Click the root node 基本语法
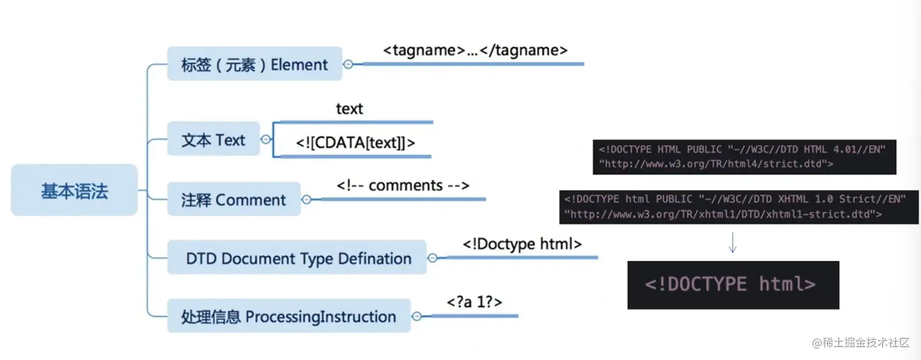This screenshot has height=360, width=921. (74, 190)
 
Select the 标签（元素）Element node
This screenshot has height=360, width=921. (255, 64)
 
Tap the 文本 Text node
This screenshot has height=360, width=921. (213, 139)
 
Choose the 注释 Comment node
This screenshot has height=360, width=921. (233, 199)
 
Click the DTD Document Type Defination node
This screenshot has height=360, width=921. (297, 257)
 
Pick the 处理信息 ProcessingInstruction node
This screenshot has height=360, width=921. (289, 316)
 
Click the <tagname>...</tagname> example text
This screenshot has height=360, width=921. (475, 50)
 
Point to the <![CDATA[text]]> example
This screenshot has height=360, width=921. (355, 143)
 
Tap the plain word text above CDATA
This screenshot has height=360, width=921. (350, 109)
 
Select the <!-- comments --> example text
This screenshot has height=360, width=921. (403, 185)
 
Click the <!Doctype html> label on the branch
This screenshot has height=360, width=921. (522, 244)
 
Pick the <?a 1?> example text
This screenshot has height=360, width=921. (475, 302)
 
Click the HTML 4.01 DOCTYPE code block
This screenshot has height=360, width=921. (744, 157)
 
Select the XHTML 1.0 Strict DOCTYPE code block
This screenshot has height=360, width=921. (738, 206)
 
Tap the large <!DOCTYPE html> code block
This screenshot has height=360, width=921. (733, 285)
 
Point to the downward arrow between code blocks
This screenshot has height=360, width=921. (732, 242)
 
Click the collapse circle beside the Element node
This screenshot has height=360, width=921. (348, 64)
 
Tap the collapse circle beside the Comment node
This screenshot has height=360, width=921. (306, 199)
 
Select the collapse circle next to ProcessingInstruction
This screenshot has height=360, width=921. (417, 316)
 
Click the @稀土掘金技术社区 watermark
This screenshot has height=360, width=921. (861, 342)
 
